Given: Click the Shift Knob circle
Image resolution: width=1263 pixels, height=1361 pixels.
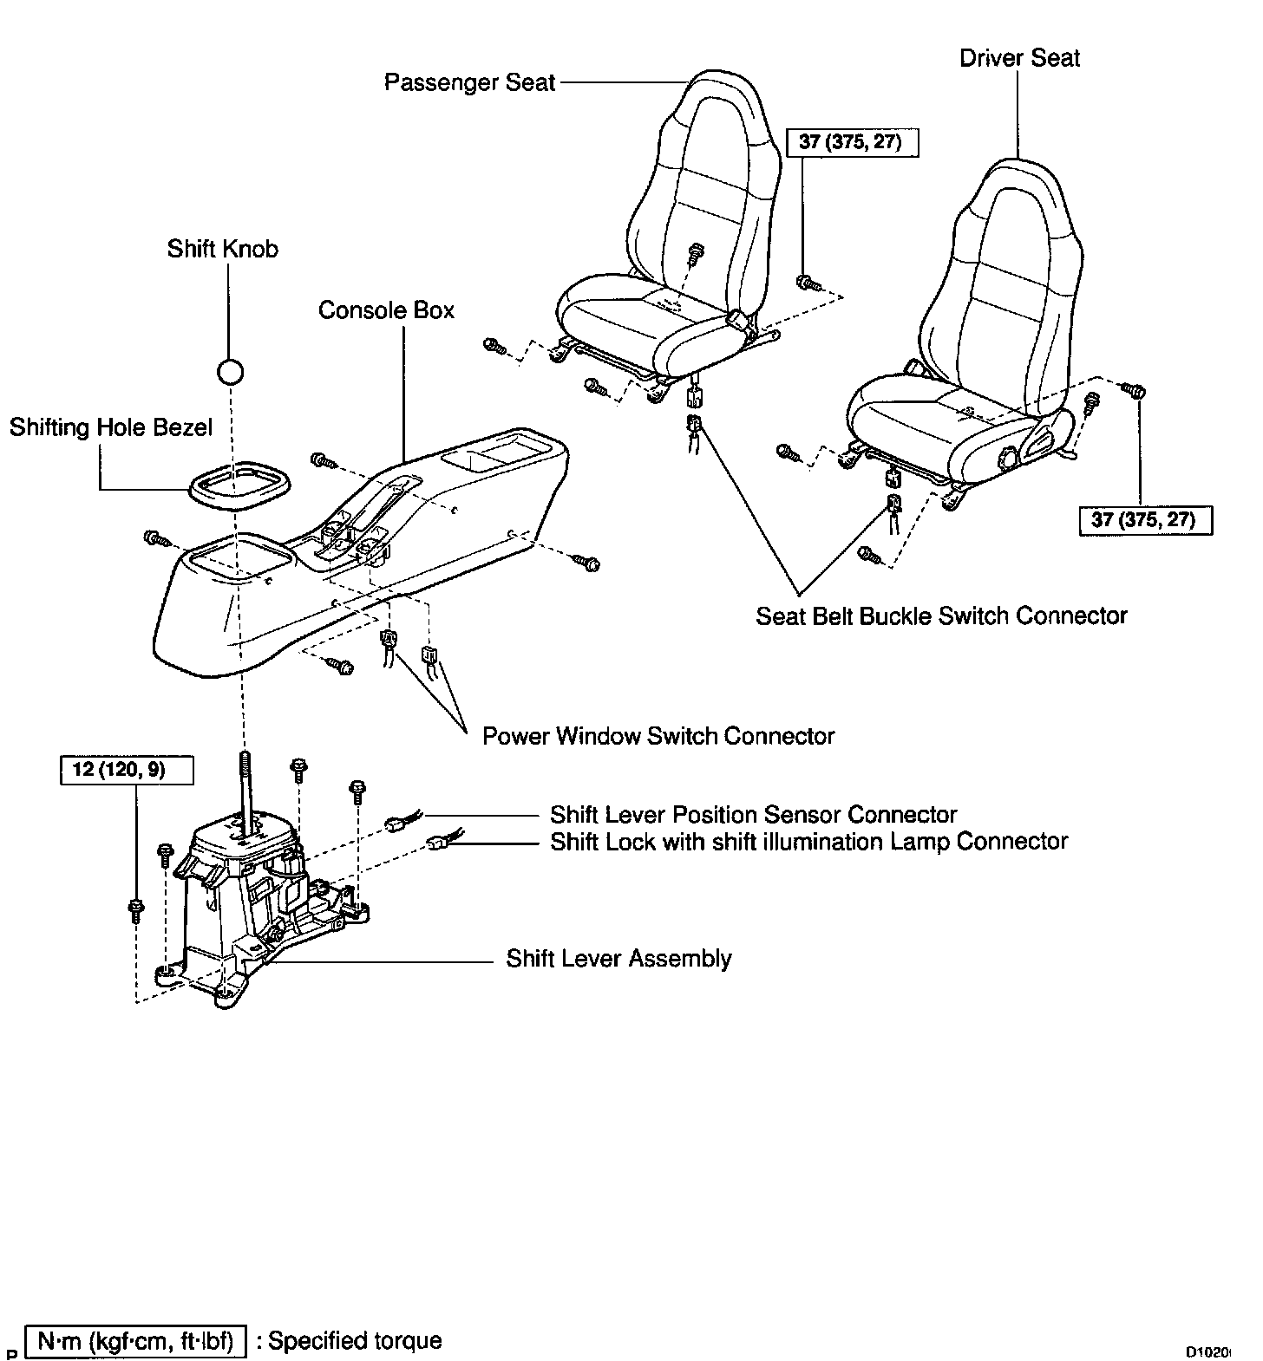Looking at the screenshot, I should pyautogui.click(x=230, y=372).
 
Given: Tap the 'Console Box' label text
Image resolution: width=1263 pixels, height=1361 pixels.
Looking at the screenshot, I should pyautogui.click(x=386, y=310).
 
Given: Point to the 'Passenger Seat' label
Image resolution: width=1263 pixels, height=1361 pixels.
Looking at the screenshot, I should pyautogui.click(x=469, y=82).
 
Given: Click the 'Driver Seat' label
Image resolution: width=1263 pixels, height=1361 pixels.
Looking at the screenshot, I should pyautogui.click(x=1019, y=58).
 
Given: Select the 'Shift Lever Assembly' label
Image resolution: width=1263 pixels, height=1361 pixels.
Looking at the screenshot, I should pyautogui.click(x=618, y=959).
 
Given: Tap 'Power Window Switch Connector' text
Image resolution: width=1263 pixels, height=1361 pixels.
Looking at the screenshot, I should pyautogui.click(x=658, y=736).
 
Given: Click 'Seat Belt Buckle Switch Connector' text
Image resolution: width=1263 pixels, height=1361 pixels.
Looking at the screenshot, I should pyautogui.click(x=941, y=616).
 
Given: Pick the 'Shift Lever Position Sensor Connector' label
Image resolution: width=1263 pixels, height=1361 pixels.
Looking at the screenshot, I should pyautogui.click(x=753, y=815).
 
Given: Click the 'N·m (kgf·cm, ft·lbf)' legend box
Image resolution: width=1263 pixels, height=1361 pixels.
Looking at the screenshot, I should pyautogui.click(x=136, y=1341).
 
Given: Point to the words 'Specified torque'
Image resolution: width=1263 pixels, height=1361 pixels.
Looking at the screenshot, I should pyautogui.click(x=356, y=1340).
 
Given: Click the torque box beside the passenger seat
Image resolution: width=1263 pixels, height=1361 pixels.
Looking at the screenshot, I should pyautogui.click(x=851, y=142).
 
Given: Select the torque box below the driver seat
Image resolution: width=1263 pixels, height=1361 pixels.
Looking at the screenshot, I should pyautogui.click(x=1144, y=520).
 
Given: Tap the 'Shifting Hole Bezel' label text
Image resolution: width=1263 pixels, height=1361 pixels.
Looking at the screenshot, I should pyautogui.click(x=111, y=427).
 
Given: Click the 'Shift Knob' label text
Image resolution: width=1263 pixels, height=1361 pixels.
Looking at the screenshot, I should pyautogui.click(x=223, y=250).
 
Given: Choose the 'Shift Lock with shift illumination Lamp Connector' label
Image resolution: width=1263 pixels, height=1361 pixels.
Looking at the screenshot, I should pyautogui.click(x=808, y=842).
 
